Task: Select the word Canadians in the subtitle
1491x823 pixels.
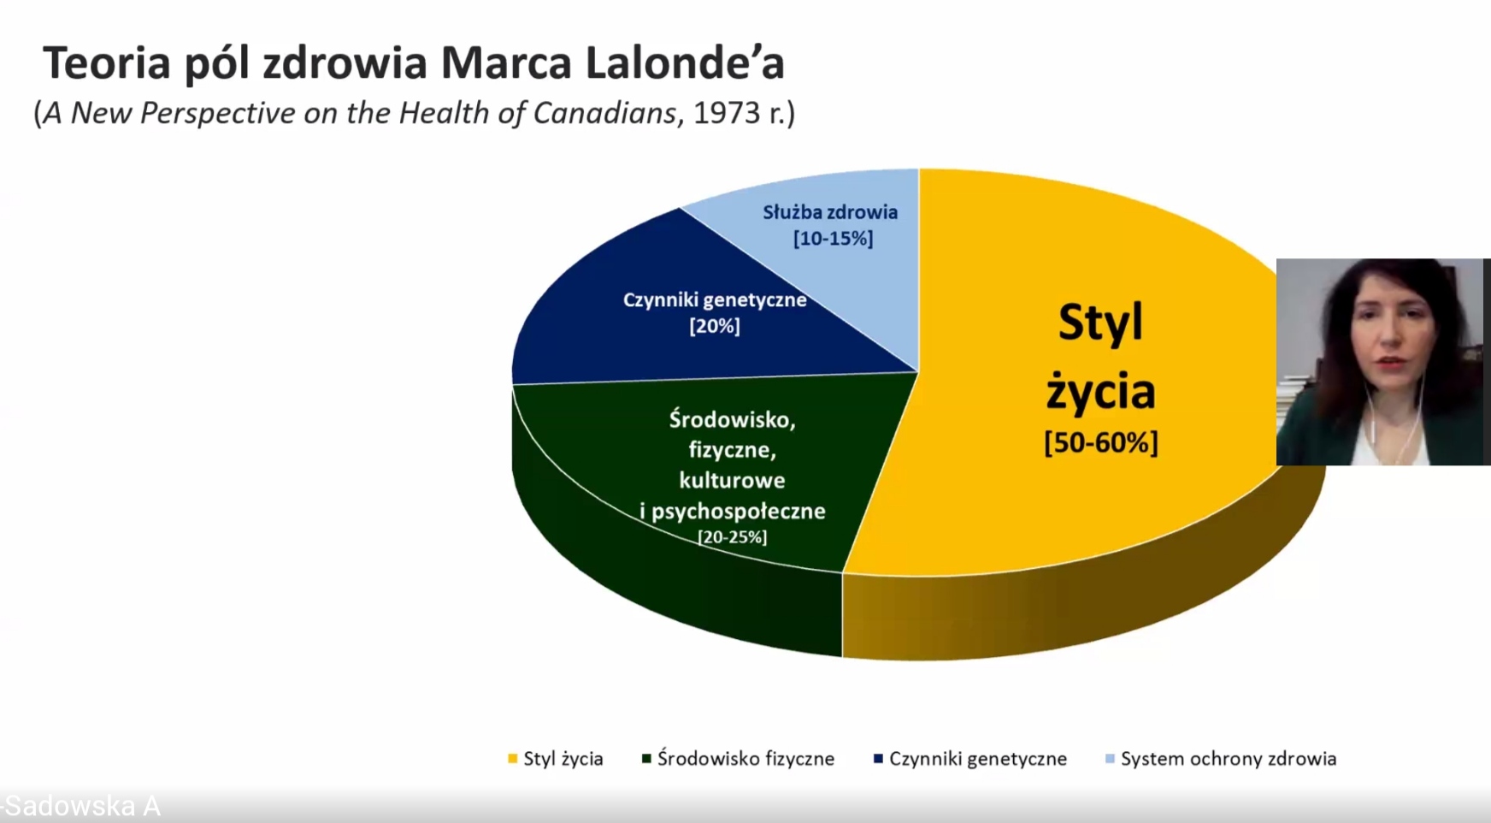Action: [604, 113]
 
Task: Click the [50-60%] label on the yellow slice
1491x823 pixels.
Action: [1100, 443]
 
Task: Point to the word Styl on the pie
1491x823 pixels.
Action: [1100, 323]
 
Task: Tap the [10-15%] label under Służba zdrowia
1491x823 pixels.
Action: [833, 238]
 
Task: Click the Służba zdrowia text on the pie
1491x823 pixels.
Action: [830, 211]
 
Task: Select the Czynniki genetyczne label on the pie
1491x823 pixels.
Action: [715, 299]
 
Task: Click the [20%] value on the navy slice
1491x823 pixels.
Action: [715, 326]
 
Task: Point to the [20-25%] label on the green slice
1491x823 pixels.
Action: [732, 537]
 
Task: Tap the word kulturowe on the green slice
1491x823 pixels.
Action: [732, 480]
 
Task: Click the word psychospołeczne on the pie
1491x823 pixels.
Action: [739, 512]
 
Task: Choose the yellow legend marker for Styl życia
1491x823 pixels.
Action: [513, 759]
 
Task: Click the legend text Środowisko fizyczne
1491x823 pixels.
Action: [745, 759]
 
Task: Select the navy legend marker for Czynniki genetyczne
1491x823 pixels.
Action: [878, 759]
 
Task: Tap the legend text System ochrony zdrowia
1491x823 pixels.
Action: [1229, 759]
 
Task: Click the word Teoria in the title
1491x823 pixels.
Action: [107, 62]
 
